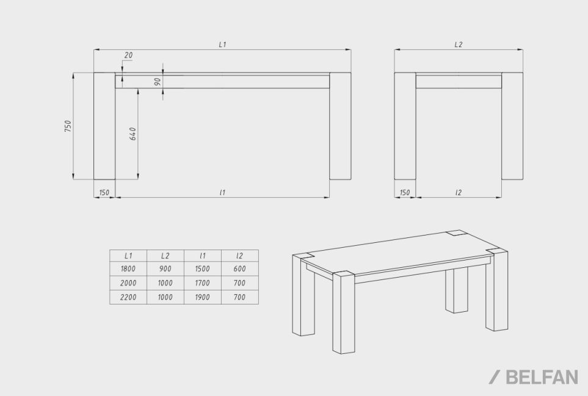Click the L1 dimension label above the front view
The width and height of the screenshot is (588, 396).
222,45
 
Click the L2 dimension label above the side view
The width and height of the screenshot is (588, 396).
459,45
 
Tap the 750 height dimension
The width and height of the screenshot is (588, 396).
68,126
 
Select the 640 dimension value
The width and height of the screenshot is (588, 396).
132,134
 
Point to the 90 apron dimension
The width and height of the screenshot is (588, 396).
158,81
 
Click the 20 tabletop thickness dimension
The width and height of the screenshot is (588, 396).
128,55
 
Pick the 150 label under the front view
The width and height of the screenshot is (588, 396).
104,193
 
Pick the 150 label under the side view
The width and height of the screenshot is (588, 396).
405,193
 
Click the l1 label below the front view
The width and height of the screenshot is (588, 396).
222,193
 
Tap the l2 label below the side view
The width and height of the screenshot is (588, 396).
459,193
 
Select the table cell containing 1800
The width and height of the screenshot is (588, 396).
128,268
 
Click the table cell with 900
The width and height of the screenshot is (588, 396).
165,268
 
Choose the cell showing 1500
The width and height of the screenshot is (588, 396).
203,268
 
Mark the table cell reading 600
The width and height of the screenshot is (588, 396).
239,268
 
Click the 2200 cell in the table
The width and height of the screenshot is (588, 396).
128,297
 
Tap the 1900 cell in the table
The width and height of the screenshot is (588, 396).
203,297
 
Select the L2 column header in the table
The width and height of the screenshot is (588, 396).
165,256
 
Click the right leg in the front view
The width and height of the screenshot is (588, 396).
341,126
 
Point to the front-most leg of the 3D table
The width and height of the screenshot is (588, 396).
344,313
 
